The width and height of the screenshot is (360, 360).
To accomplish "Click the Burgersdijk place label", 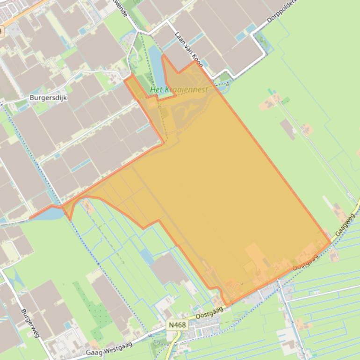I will (46, 99).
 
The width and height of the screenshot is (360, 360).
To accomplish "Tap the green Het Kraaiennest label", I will (179, 89).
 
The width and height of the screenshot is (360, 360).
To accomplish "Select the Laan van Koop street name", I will (189, 49).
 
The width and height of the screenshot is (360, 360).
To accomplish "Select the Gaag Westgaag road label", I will (109, 348).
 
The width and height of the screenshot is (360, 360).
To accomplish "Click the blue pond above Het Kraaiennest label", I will (155, 65).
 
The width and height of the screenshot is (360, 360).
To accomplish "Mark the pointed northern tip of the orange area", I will (163, 56).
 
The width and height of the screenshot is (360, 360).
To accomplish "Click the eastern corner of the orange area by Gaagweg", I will (330, 242).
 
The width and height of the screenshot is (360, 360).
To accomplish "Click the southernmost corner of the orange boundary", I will (228, 305).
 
